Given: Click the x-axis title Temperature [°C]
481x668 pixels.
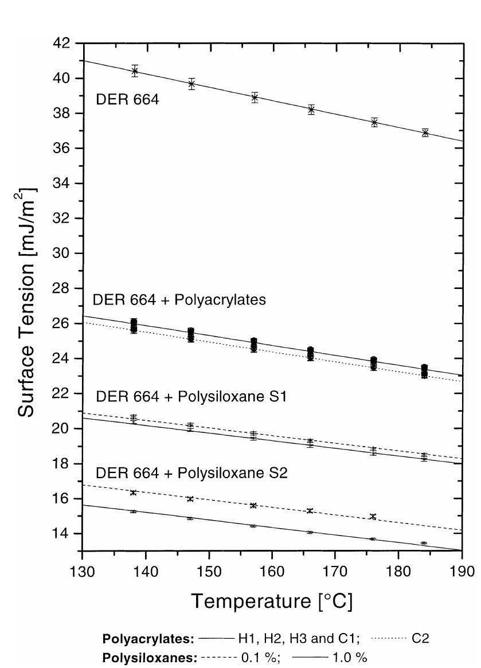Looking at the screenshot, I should pos(272,601).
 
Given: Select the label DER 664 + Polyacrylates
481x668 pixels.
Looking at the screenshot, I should pos(179,300).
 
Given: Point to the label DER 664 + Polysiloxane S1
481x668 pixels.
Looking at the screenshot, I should pos(187,397).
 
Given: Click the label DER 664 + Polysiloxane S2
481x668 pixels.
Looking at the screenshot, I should pos(187,474).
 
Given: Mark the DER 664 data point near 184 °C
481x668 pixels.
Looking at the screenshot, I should pos(425,132).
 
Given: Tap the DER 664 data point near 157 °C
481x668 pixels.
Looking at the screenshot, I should pos(255,97).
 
